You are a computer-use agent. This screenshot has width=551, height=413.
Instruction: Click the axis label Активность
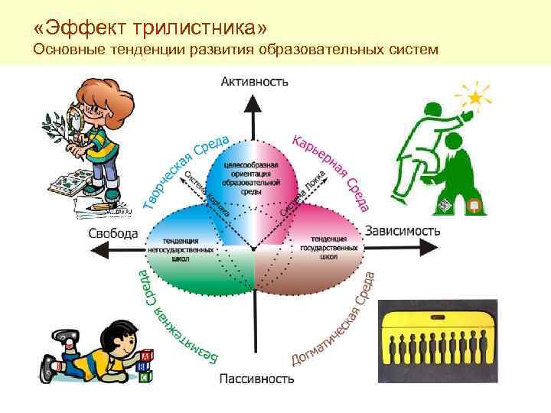pos(255,80)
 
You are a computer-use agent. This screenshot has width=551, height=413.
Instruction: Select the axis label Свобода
pos(113,233)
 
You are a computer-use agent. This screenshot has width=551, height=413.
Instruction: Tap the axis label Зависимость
pos(403,229)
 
